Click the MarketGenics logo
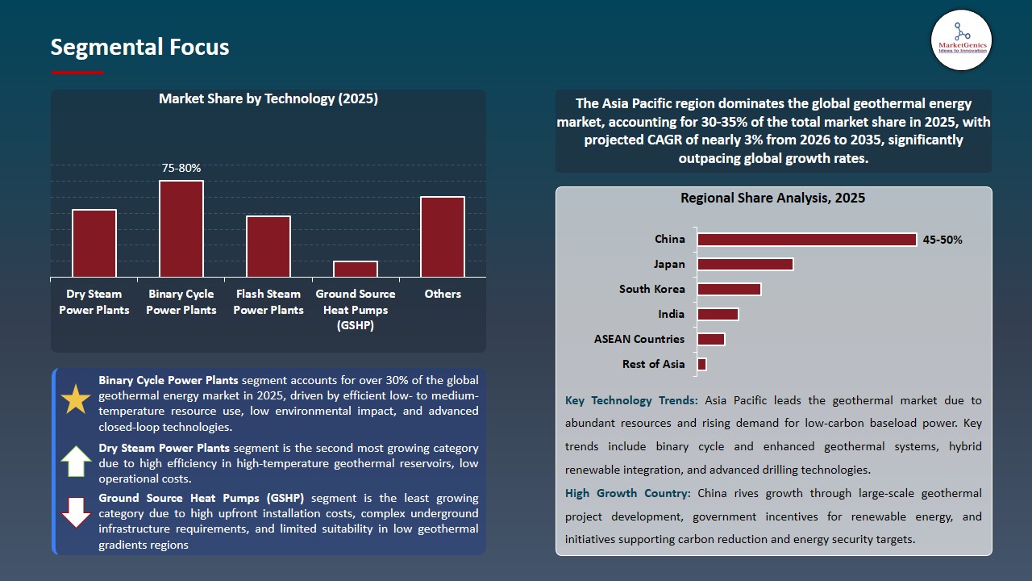tap(961, 40)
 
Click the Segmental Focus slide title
tap(139, 48)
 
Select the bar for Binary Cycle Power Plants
tap(181, 228)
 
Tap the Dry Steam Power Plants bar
tap(94, 243)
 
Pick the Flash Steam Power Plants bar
tap(268, 246)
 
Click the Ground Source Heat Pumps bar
tap(356, 269)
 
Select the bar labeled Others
tap(443, 236)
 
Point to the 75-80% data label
tap(181, 168)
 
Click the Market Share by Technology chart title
tap(268, 99)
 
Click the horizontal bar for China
tap(806, 240)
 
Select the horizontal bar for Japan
tap(745, 264)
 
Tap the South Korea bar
tap(729, 289)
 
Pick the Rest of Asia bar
tap(701, 364)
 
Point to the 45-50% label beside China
tap(943, 240)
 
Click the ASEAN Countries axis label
tap(639, 339)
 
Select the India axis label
tap(671, 314)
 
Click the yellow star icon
tap(77, 399)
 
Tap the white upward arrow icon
tap(77, 461)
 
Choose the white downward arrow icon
tap(77, 512)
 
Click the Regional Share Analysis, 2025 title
tap(772, 199)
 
